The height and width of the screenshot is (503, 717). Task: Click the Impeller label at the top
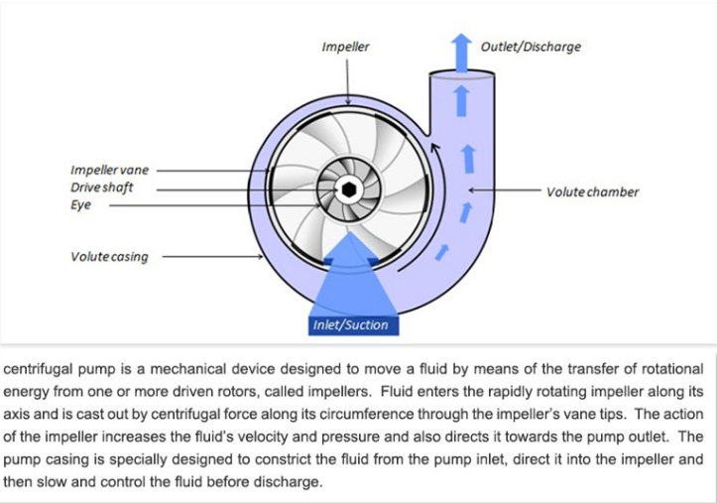[x=345, y=47]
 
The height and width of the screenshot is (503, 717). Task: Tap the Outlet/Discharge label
[x=531, y=47]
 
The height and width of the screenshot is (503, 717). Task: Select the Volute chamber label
[x=592, y=191]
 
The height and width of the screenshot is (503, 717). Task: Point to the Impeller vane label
[x=109, y=171]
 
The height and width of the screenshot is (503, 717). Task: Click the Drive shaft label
[x=102, y=188]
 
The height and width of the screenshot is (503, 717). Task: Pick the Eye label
[x=80, y=205]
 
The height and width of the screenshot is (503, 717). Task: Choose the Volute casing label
[x=109, y=257]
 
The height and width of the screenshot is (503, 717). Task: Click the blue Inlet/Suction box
[x=350, y=324]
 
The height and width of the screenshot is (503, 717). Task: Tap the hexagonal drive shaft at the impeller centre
[x=350, y=189]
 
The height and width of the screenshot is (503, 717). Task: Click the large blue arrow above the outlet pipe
[x=461, y=50]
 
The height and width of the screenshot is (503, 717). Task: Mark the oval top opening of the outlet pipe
[x=460, y=74]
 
